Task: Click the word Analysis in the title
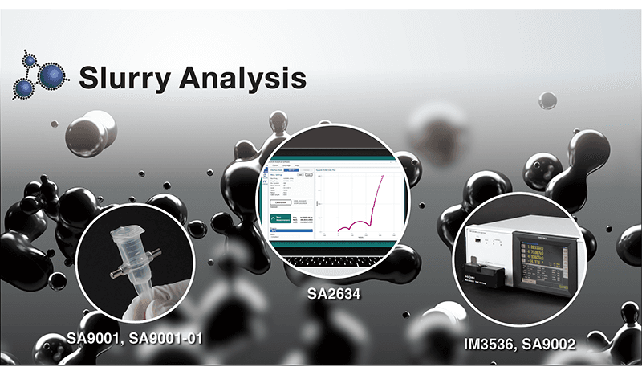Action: tap(242, 78)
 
